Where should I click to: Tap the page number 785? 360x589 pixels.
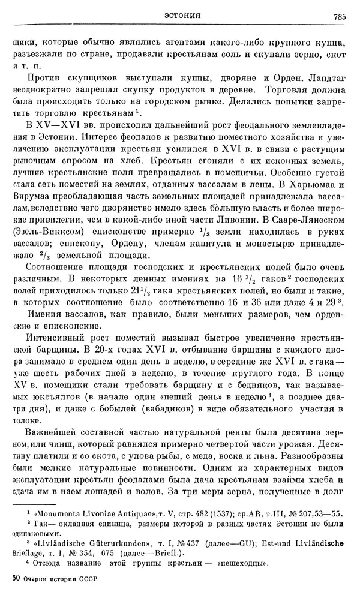click(337, 16)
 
